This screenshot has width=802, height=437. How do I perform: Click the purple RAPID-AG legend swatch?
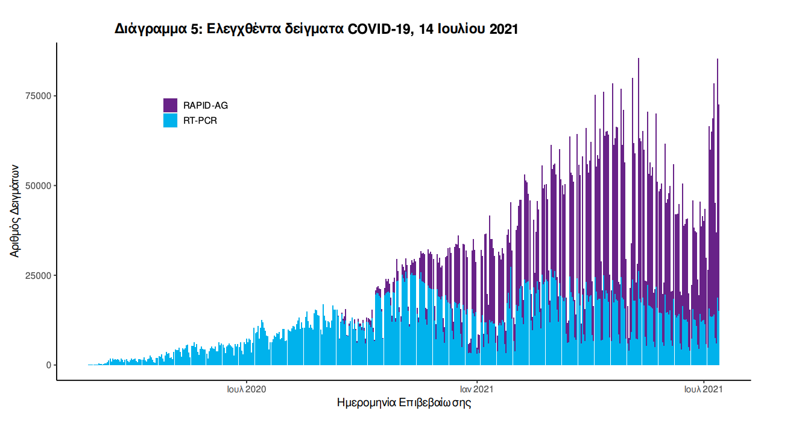coord(170,105)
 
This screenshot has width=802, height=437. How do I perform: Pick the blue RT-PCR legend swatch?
coord(170,120)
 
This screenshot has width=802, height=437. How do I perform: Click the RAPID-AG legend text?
coord(206,106)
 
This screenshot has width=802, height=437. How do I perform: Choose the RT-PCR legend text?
coord(200,121)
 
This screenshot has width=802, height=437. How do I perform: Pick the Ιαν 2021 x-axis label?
coord(477,389)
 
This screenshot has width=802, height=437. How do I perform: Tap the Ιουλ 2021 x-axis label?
coord(704,389)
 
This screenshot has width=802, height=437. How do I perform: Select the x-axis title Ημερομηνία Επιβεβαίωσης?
coord(403,403)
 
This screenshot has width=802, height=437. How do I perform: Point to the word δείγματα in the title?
coord(317,29)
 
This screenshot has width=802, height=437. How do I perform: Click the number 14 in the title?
coord(425,29)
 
